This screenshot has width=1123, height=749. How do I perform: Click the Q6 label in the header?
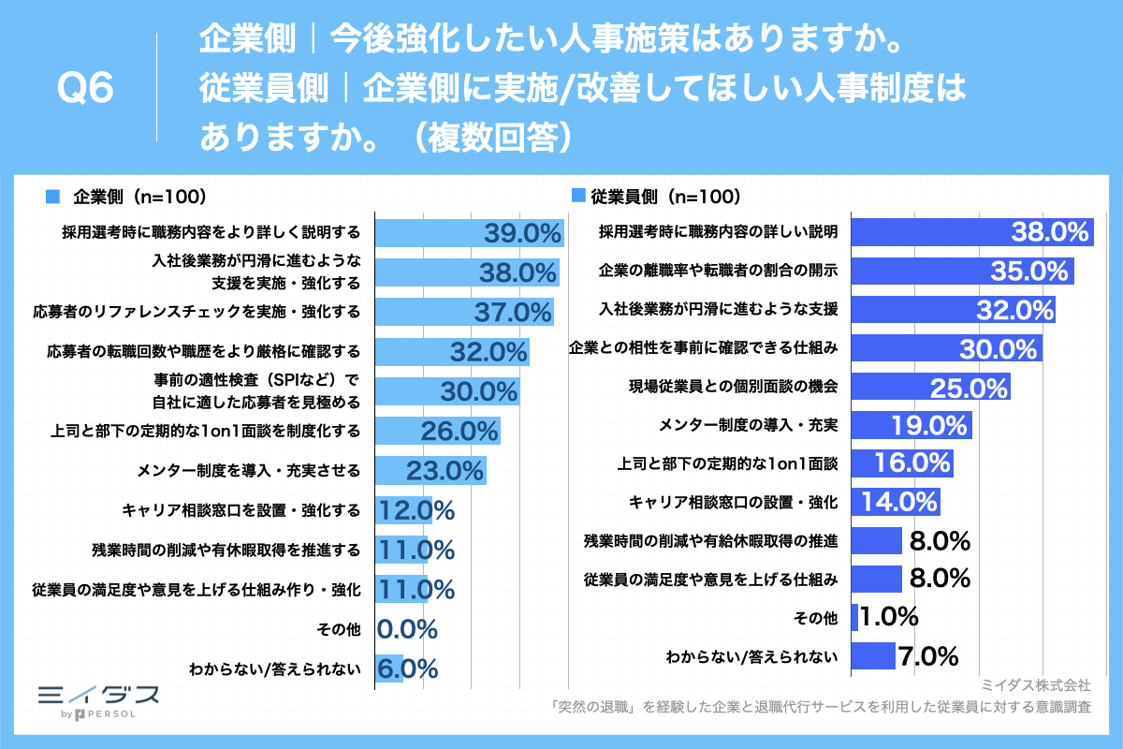(x=85, y=90)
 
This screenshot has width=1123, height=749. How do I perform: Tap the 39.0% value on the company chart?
(x=521, y=234)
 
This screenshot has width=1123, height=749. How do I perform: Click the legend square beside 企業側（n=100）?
(x=52, y=197)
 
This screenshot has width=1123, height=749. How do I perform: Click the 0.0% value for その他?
(x=407, y=628)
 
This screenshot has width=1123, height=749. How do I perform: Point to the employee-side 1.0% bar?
(x=854, y=617)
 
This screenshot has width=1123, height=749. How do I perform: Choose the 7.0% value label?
(x=928, y=655)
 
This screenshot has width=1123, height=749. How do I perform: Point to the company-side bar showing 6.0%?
(x=389, y=668)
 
